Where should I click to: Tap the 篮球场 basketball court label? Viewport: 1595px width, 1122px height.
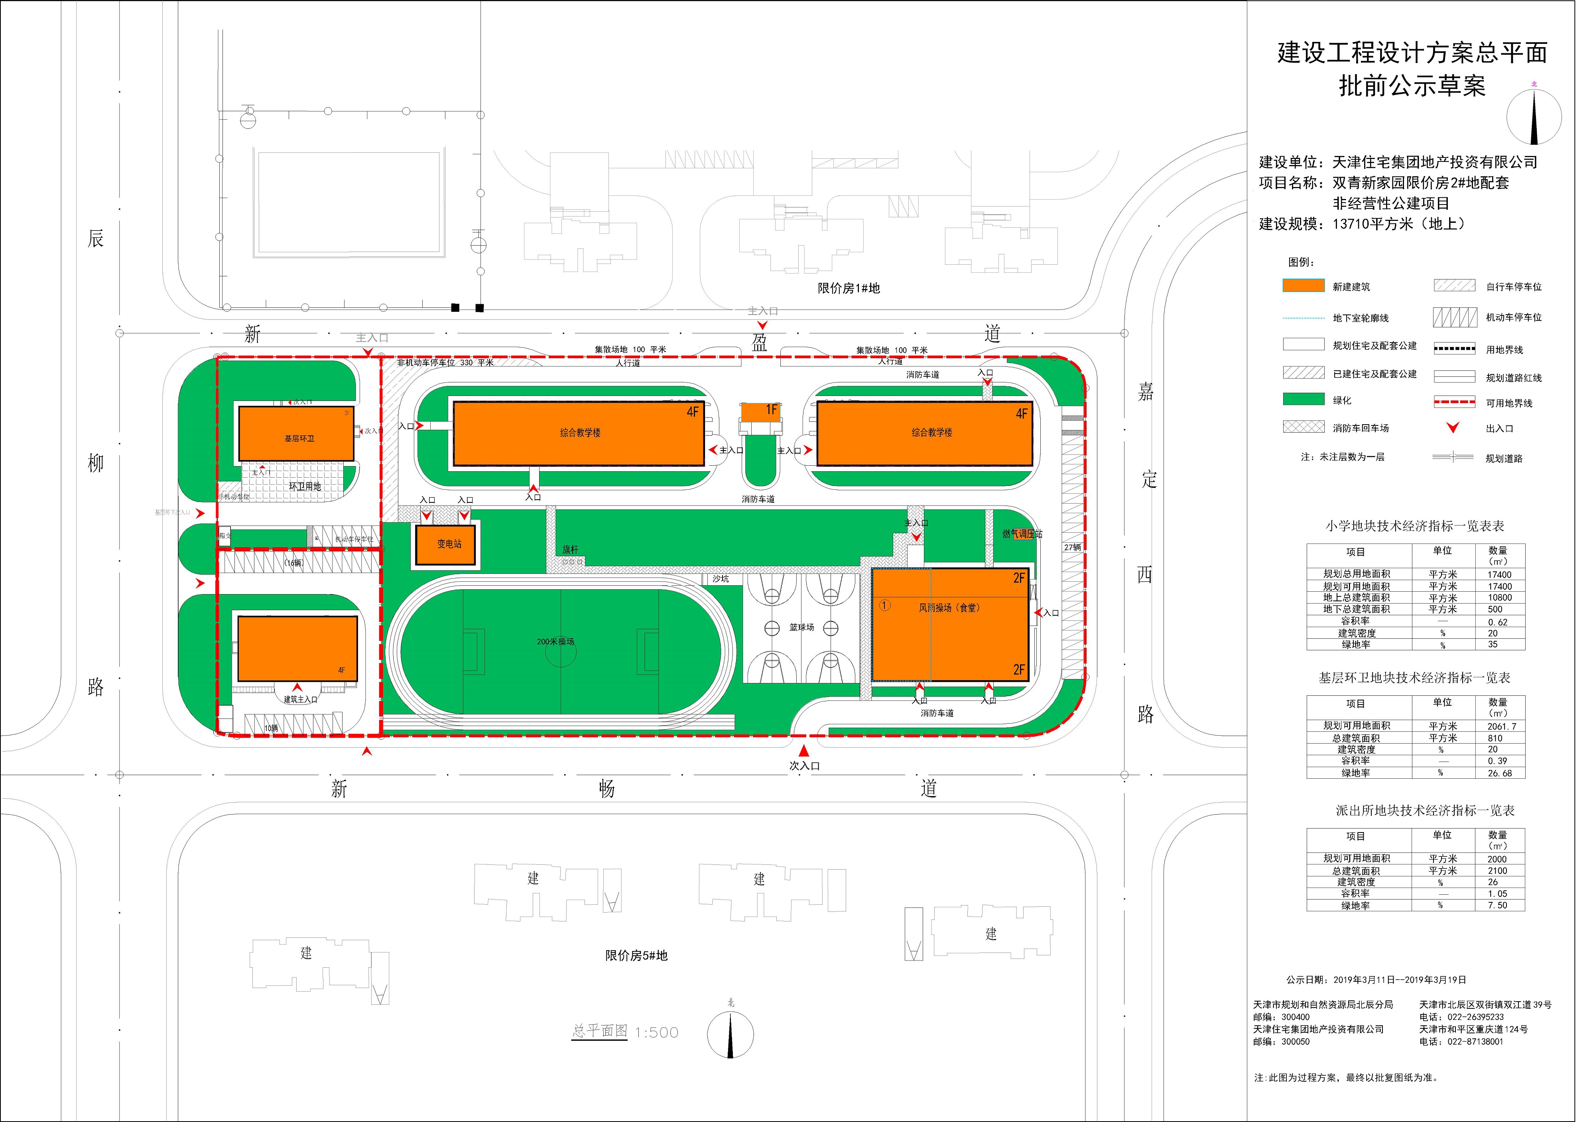pos(801,627)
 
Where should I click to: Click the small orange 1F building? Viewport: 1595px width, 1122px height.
pos(761,412)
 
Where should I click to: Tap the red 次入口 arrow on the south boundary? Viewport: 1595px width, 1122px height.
pos(804,751)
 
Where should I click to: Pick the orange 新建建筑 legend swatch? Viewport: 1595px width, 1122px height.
pos(1303,285)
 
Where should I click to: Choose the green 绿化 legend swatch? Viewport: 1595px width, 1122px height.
pos(1303,400)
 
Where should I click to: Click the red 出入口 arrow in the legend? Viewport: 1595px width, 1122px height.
pos(1452,428)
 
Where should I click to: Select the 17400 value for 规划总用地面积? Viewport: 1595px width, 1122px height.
pos(1499,575)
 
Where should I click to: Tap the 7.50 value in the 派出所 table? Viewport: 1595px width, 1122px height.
pos(1497,905)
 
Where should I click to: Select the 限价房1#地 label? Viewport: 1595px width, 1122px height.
pos(848,288)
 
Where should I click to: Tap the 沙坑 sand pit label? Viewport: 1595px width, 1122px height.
pos(721,579)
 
